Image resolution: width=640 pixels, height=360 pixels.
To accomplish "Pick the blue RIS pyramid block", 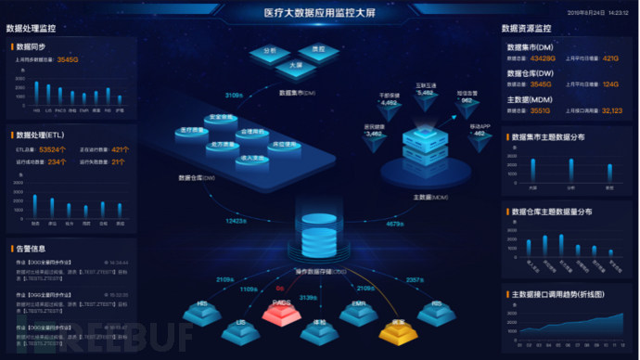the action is click(x=436, y=309).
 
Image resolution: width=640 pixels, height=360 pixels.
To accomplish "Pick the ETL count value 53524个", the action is click(x=52, y=148).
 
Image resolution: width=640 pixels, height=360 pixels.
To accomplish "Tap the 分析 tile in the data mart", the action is click(x=270, y=49).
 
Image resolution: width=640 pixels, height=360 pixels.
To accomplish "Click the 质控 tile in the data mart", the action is click(x=318, y=48).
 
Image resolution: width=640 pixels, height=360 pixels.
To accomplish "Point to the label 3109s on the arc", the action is click(x=234, y=95).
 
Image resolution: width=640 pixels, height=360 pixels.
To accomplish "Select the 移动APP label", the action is click(x=480, y=124).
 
